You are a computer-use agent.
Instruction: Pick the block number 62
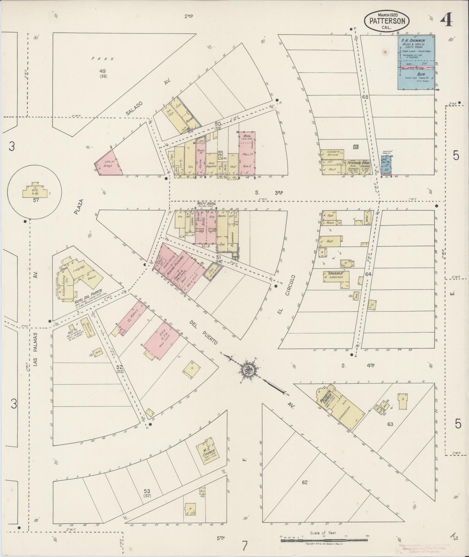pyautogui.click(x=304, y=483)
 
